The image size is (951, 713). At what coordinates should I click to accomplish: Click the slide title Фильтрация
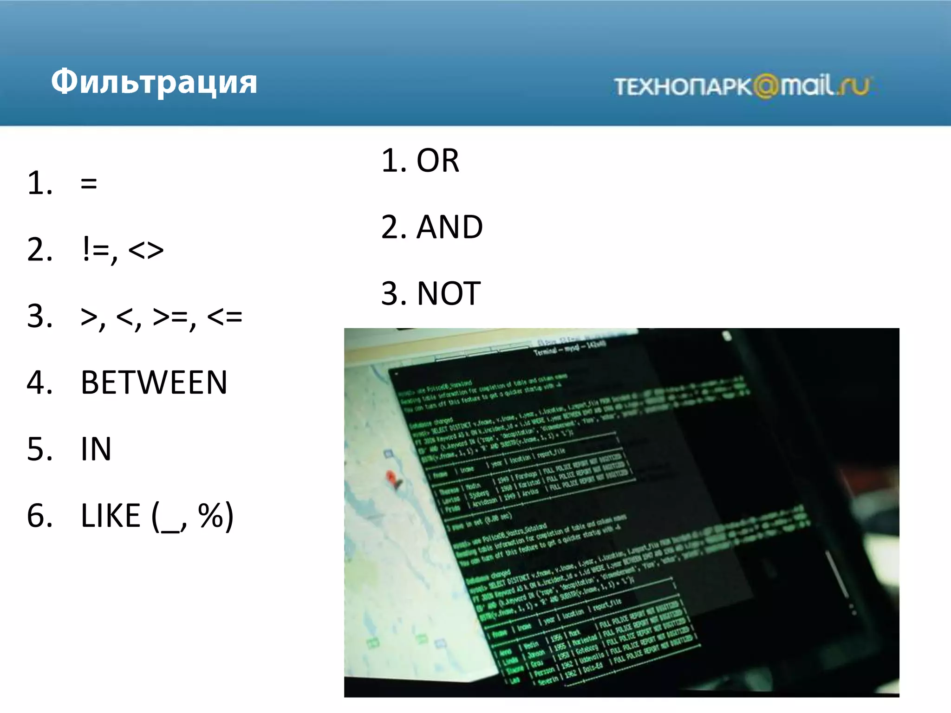point(154,82)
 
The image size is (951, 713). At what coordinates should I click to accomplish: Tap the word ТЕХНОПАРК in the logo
point(683,87)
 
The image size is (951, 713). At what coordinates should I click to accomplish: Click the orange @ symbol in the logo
point(765,86)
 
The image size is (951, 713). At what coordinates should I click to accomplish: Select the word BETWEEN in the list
point(154,383)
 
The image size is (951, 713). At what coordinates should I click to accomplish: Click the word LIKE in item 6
point(111,516)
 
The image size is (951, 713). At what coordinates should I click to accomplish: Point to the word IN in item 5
point(96,449)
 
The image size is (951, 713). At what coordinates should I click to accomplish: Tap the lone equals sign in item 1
point(89,183)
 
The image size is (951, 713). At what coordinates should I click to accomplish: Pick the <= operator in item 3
point(225,317)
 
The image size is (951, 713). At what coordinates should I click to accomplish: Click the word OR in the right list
point(437,161)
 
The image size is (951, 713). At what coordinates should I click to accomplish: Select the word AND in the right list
point(449,227)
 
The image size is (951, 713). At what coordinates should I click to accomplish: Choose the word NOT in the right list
point(449,294)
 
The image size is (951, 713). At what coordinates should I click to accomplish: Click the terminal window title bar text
point(569,349)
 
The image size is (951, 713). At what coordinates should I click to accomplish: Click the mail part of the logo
point(807,85)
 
